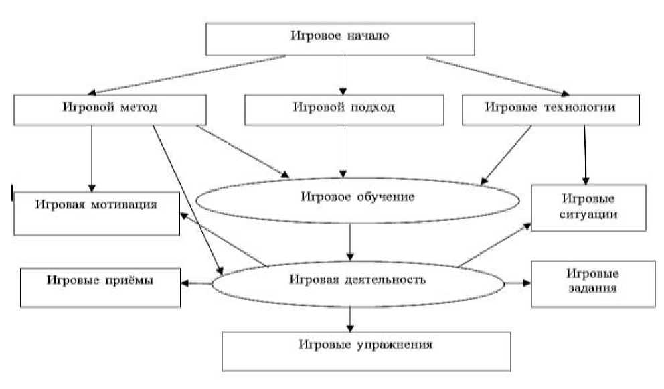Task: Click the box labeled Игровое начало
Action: [340, 39]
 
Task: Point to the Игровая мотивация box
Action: [98, 213]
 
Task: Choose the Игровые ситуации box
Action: [589, 208]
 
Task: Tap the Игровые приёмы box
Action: [100, 286]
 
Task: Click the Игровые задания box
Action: [592, 283]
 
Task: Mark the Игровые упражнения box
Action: [365, 349]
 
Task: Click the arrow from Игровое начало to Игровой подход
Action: [342, 75]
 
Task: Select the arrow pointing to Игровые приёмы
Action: [196, 283]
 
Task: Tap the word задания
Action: [592, 290]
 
